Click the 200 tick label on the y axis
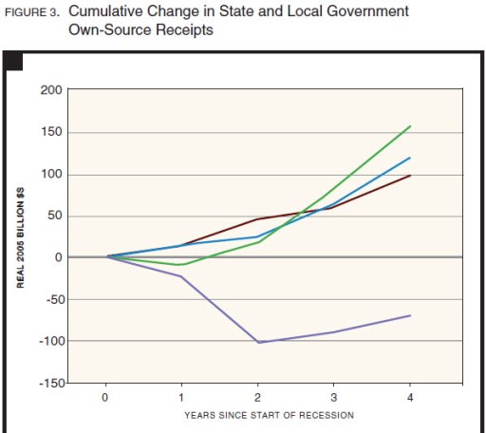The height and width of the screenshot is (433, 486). [x=50, y=90]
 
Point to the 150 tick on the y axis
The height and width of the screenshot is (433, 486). [x=50, y=132]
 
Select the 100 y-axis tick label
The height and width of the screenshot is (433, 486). [x=50, y=174]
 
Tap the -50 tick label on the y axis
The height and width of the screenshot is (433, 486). [x=49, y=299]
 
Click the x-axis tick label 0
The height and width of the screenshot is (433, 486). [x=106, y=397]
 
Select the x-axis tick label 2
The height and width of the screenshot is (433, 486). [x=258, y=397]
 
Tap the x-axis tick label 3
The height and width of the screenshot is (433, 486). [x=334, y=397]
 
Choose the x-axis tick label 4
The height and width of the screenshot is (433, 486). [x=410, y=397]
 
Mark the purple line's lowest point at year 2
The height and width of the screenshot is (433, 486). [x=258, y=342]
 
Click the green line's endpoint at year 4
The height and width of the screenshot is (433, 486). [x=410, y=125]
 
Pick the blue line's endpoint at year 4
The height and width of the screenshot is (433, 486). [x=410, y=158]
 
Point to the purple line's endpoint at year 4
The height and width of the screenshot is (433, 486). [x=410, y=315]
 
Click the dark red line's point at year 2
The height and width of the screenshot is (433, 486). [x=258, y=218]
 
